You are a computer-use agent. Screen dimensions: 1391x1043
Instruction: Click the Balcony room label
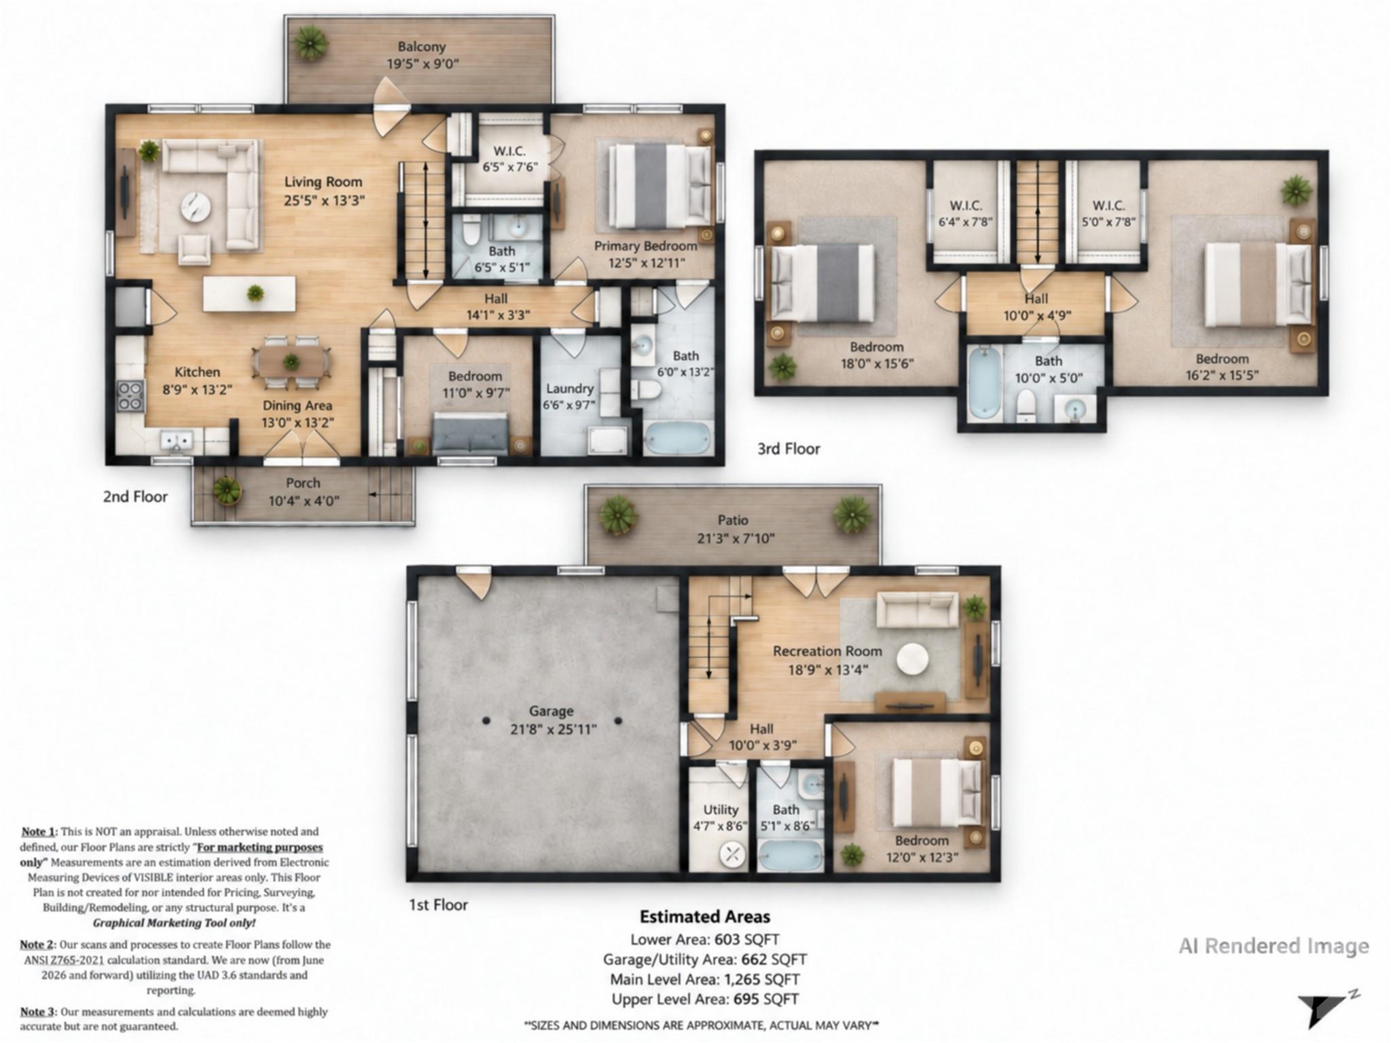coord(421,47)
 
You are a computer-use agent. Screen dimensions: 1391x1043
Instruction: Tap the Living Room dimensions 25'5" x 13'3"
coord(324,200)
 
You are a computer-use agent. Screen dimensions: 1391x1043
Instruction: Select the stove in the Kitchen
coord(131,396)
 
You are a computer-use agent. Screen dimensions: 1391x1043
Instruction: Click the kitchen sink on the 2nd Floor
coord(176,441)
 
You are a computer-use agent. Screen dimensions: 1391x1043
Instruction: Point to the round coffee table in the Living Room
coord(196,206)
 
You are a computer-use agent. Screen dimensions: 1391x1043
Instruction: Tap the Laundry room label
coord(569,388)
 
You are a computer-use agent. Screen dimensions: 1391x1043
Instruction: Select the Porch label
coord(303,483)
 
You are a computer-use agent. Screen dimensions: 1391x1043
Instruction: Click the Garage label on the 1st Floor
coord(552,711)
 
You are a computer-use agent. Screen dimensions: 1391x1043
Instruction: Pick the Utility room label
coord(721,809)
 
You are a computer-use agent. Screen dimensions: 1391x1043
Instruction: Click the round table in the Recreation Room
coord(912,659)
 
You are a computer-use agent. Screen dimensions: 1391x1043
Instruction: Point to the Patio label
coord(733,520)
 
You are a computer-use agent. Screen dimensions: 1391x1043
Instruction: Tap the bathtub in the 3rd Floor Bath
coord(983,382)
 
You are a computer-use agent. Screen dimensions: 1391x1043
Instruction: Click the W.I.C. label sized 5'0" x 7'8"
coord(1108,205)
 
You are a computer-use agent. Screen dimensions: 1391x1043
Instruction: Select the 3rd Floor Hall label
coord(1036,299)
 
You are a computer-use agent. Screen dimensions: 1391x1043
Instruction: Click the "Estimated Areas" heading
coord(705,917)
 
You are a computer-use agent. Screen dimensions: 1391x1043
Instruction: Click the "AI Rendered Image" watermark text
coord(1273,946)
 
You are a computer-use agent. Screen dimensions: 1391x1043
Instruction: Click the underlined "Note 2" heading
coord(37,945)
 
